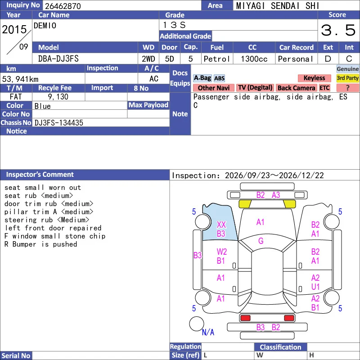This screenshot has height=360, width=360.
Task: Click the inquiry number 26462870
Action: [63, 6]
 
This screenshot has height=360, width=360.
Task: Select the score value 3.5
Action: [338, 30]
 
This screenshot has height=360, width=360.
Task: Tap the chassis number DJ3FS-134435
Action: [59, 123]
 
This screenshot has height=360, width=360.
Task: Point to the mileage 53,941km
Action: [20, 79]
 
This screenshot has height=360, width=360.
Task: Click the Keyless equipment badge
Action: [314, 78]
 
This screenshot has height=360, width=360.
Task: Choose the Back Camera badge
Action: [296, 88]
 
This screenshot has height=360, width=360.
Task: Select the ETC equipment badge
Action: [324, 88]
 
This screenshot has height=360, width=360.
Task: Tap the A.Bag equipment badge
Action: [202, 78]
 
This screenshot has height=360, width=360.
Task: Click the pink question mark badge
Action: [347, 88]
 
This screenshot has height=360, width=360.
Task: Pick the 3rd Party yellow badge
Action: [347, 78]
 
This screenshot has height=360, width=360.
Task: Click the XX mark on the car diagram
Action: [221, 225]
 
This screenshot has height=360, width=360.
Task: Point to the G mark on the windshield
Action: [261, 241]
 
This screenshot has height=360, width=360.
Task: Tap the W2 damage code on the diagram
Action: [222, 252]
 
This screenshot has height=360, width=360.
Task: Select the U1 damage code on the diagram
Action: [315, 287]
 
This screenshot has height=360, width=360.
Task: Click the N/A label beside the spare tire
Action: [208, 332]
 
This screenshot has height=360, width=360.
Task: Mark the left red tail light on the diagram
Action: [245, 318]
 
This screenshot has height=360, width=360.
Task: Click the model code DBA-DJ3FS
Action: [58, 59]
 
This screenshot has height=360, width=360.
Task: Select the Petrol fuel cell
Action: [217, 59]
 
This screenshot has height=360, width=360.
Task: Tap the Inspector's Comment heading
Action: [40, 175]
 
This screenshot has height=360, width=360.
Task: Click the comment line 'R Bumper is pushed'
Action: [40, 244]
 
